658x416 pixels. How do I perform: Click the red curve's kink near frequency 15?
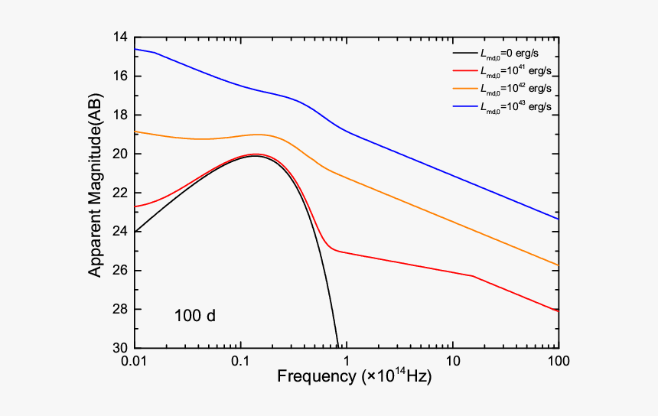coord(474,276)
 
